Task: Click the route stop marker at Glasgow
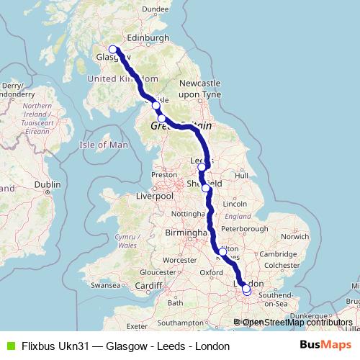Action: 112,50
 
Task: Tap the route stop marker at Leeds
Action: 202,168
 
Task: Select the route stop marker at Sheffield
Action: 207,188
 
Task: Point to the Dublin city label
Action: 47,184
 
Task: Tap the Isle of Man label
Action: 103,145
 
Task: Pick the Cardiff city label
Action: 149,285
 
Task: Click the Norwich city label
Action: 295,235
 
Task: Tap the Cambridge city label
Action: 279,254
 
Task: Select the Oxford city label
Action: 212,272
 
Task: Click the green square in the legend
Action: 9,346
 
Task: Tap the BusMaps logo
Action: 325,346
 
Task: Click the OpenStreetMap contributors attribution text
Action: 297,322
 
